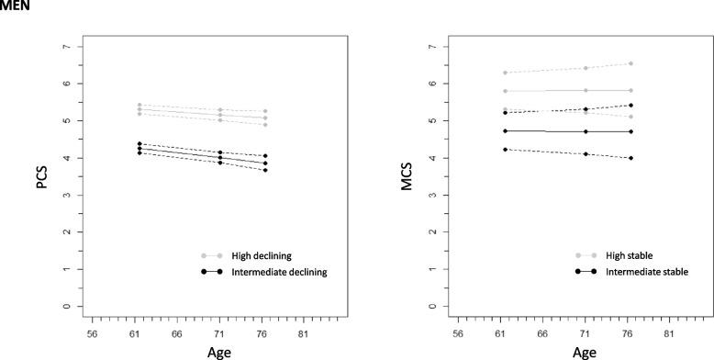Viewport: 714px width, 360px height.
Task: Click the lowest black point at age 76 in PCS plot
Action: pyautogui.click(x=265, y=170)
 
